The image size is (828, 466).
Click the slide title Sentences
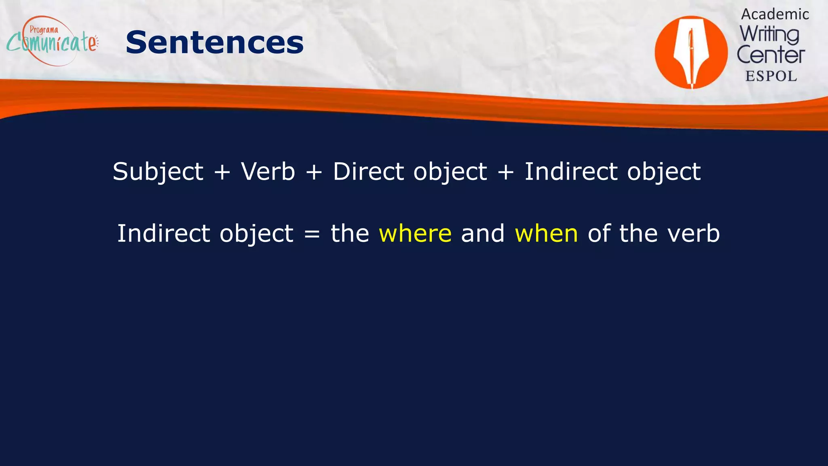[215, 42]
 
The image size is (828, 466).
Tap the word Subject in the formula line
[158, 172]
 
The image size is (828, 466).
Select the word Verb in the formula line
[268, 171]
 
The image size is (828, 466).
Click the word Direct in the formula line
[368, 171]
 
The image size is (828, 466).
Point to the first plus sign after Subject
[222, 172]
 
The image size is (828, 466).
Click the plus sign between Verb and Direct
[314, 172]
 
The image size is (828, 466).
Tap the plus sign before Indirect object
[506, 172]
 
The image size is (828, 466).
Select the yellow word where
[415, 233]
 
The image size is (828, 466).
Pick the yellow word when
[546, 233]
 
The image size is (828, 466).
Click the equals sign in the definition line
[312, 234]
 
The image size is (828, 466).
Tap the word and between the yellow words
[483, 233]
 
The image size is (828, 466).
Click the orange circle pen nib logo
[691, 52]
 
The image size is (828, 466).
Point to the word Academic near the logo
[775, 15]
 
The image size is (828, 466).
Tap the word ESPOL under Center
[771, 76]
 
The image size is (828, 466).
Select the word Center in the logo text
[771, 55]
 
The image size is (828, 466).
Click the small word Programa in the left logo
[44, 30]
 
